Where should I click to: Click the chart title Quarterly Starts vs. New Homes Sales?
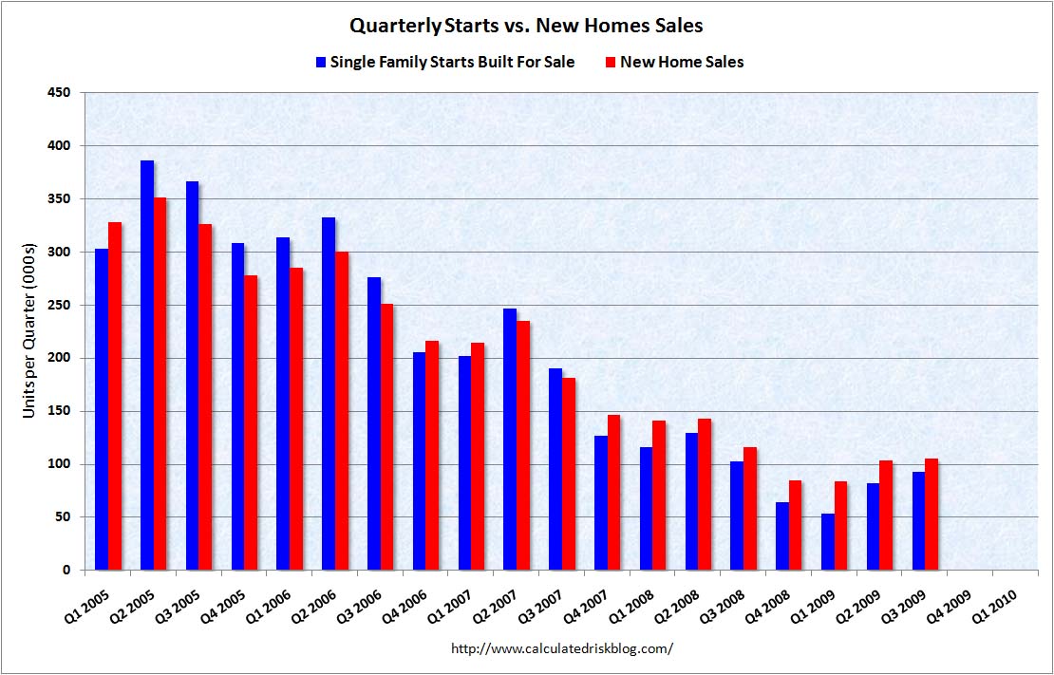pyautogui.click(x=526, y=26)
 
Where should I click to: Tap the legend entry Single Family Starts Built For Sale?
pyautogui.click(x=451, y=62)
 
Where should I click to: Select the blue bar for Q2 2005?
pyautogui.click(x=147, y=366)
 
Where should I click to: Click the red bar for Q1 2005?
pyautogui.click(x=115, y=396)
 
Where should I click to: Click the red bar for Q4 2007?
pyautogui.click(x=614, y=493)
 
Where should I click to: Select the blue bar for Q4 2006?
pyautogui.click(x=420, y=461)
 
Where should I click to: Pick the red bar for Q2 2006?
pyautogui.click(x=342, y=411)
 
